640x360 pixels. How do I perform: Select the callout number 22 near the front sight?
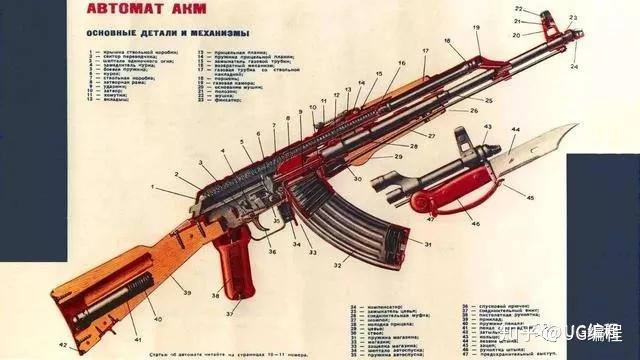(x=519, y=9)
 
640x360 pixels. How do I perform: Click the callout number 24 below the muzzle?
(x=574, y=66)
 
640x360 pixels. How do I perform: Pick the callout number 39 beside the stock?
(x=187, y=291)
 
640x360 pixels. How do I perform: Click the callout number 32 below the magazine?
(x=338, y=266)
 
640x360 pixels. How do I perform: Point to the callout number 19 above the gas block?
(x=476, y=27)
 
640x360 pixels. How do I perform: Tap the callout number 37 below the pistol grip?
(x=229, y=313)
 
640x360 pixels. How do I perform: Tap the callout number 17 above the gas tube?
(x=425, y=50)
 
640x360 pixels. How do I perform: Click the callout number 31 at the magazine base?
(x=400, y=243)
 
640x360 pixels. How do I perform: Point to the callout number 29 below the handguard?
(x=399, y=157)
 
